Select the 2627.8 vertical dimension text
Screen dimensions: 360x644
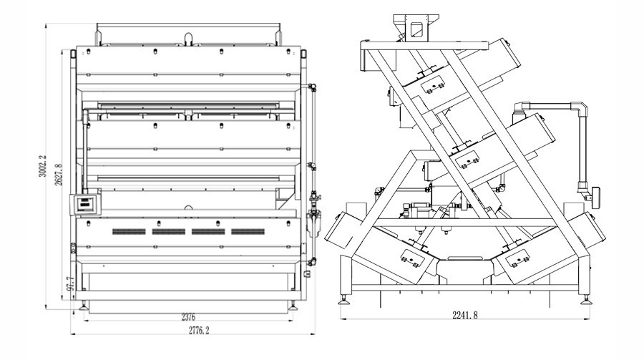tap(59, 175)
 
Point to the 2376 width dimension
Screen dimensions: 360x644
tap(189, 316)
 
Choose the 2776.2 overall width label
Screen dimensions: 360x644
tap(194, 331)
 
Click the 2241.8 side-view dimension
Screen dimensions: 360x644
tap(466, 314)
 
